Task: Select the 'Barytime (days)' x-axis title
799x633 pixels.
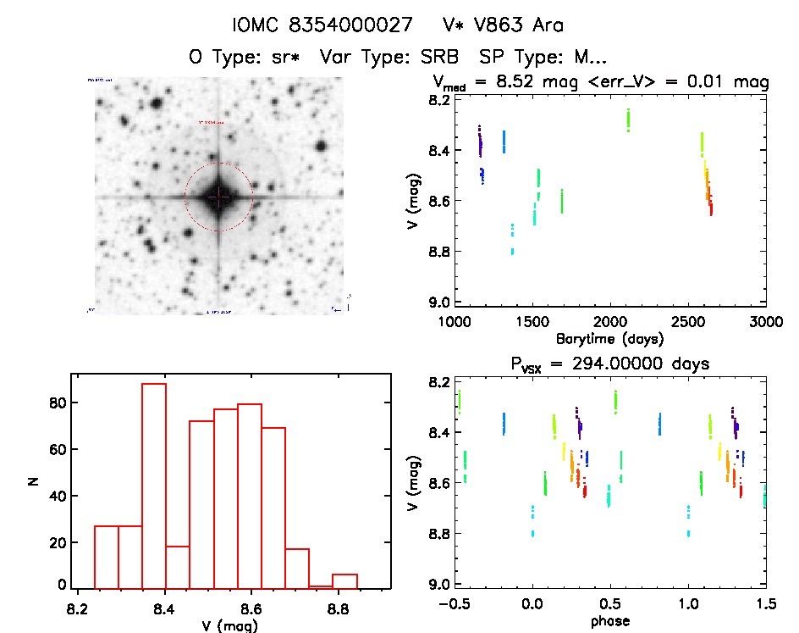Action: (610, 338)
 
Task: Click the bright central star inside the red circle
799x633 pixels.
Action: (218, 197)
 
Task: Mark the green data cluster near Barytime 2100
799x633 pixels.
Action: (628, 119)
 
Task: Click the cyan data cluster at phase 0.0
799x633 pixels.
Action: (532, 521)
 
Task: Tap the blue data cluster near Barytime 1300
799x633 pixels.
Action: (504, 141)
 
